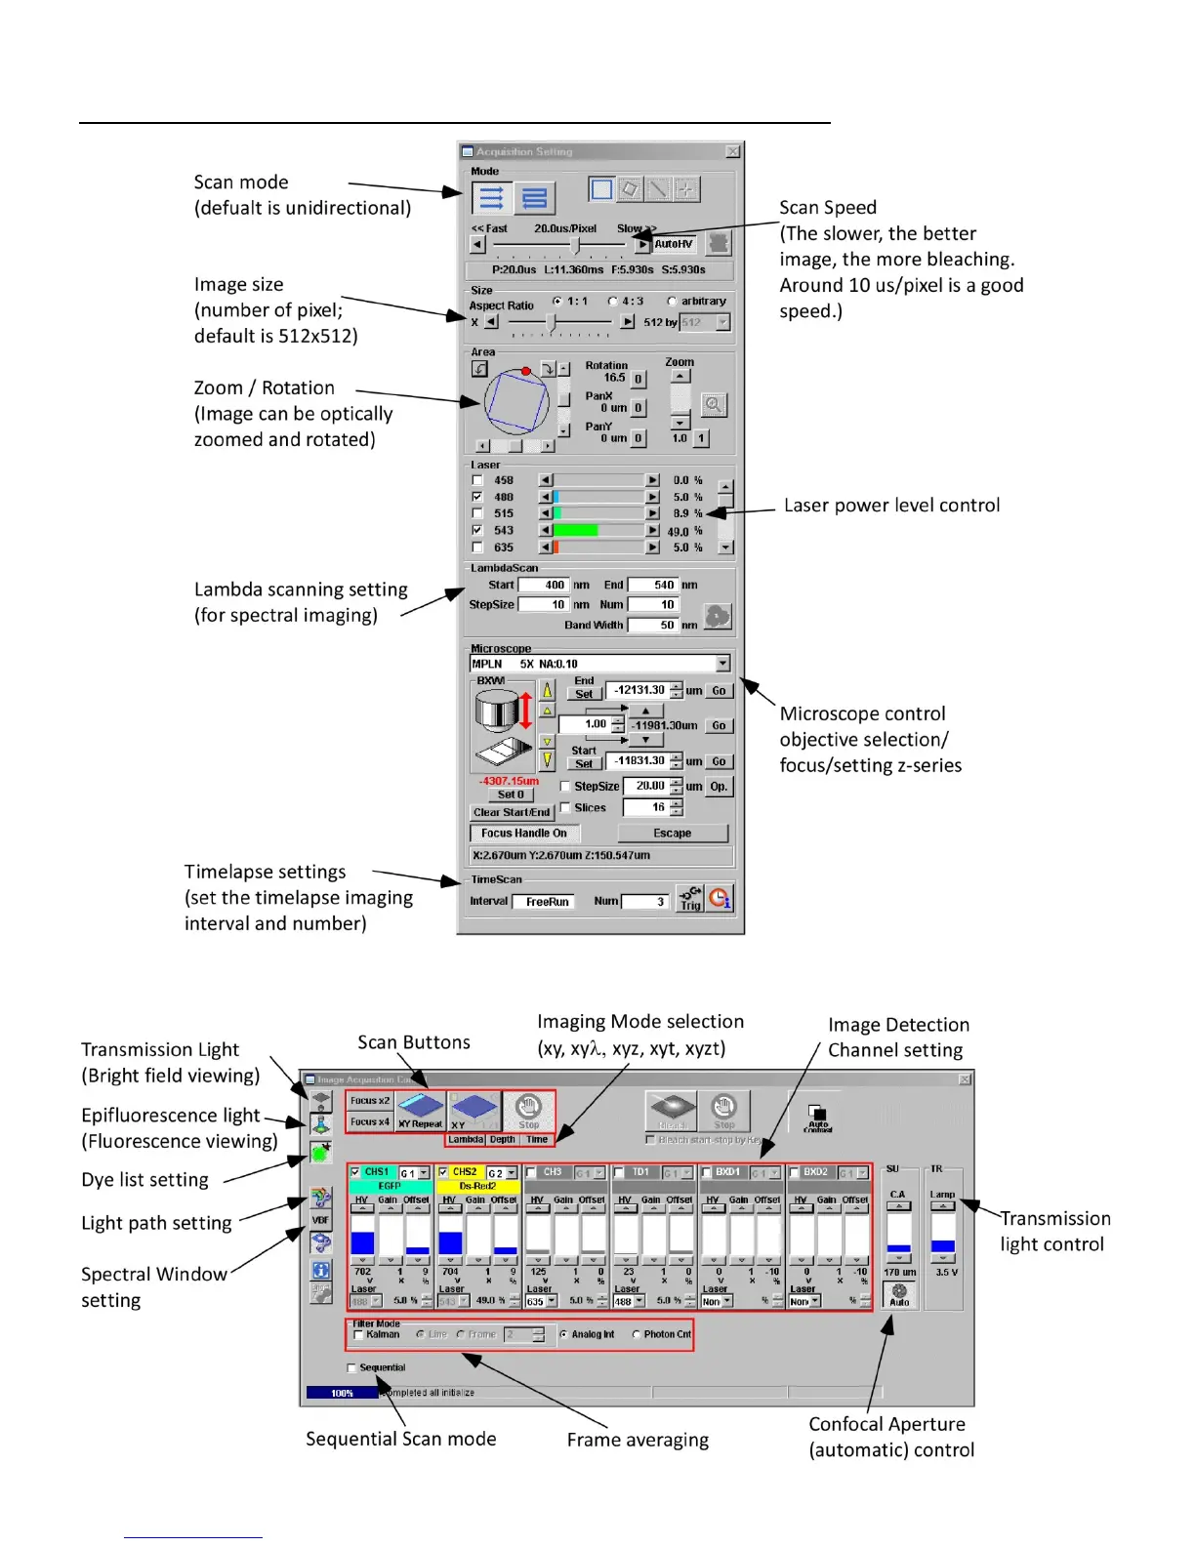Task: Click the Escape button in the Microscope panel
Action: click(672, 833)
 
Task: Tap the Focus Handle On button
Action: click(523, 833)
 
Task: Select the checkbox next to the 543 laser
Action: click(477, 530)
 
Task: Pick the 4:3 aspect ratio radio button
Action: click(613, 302)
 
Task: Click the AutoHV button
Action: click(673, 244)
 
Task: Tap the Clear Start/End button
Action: click(512, 812)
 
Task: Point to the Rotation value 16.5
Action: click(614, 378)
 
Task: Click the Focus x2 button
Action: click(370, 1101)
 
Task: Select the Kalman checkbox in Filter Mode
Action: click(358, 1334)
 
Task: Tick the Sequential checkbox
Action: click(351, 1367)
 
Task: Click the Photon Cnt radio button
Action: click(637, 1334)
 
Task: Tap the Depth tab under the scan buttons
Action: click(502, 1139)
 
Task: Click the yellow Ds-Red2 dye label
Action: click(477, 1186)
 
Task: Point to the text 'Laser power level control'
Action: click(891, 505)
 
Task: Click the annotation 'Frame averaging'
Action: click(638, 1440)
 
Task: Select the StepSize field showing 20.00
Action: click(647, 786)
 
